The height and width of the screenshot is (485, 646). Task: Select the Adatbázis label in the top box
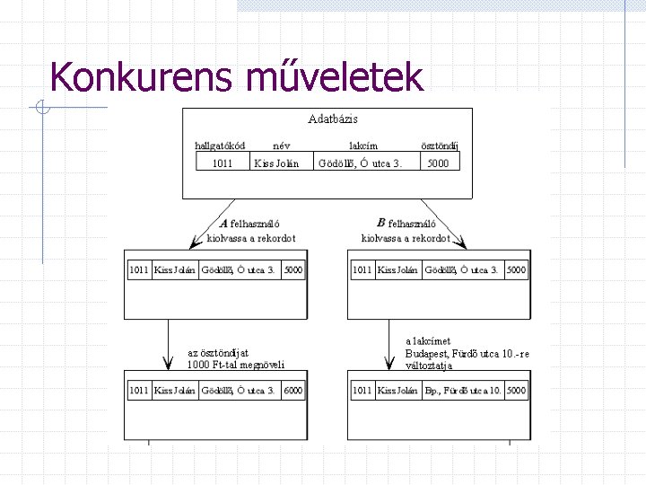coord(333,119)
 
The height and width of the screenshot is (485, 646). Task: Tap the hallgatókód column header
coord(220,145)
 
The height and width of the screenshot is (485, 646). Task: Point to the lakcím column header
coord(363,145)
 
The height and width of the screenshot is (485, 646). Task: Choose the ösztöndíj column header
coord(440,145)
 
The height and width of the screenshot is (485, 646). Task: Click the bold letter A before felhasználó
coord(224,224)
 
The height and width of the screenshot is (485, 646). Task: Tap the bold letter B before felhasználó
coord(381,223)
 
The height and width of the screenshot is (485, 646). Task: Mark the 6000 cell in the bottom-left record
coord(292,390)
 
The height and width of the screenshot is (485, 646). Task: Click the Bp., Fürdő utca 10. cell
coord(463,390)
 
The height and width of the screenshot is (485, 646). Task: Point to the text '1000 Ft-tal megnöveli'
coord(236,365)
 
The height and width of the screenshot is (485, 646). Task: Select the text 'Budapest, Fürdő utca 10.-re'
coord(467,354)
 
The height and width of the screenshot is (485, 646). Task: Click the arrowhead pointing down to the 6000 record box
coord(168,364)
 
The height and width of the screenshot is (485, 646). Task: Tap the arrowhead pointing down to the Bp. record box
coord(388,364)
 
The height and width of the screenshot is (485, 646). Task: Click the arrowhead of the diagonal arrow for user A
coord(195,242)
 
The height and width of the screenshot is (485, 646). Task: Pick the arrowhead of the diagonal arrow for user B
coord(461,242)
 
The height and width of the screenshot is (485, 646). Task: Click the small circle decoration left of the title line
coord(42,107)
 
